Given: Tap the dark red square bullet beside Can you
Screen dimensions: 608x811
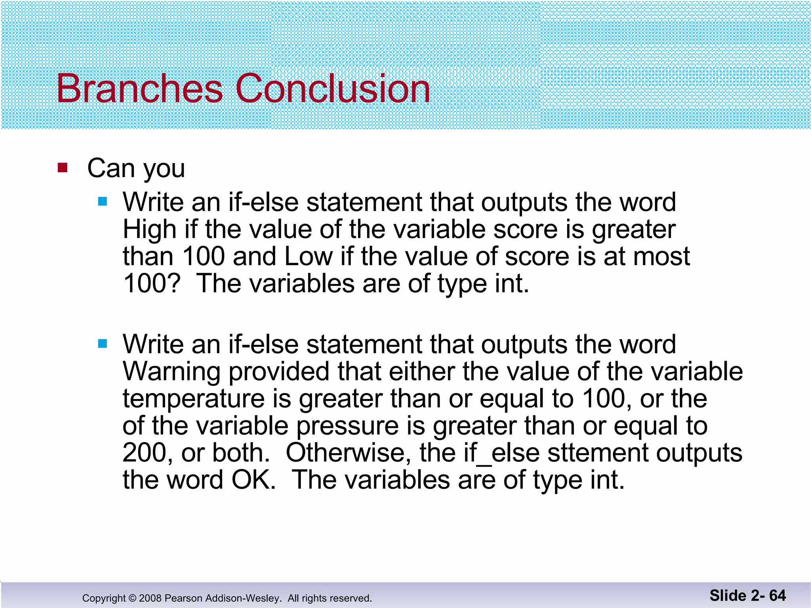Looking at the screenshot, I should [x=63, y=168].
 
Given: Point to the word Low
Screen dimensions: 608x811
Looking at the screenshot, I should [x=308, y=256].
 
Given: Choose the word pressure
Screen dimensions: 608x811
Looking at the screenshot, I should [x=347, y=426].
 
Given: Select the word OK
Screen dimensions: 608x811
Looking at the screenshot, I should [x=253, y=480].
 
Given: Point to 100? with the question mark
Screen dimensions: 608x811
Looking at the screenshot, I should [x=152, y=283].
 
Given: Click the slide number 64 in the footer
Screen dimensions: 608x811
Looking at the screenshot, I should [x=777, y=595].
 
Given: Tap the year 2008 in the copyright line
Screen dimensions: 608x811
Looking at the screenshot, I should [x=150, y=598].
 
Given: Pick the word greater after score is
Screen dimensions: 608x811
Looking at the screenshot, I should [x=634, y=230].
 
